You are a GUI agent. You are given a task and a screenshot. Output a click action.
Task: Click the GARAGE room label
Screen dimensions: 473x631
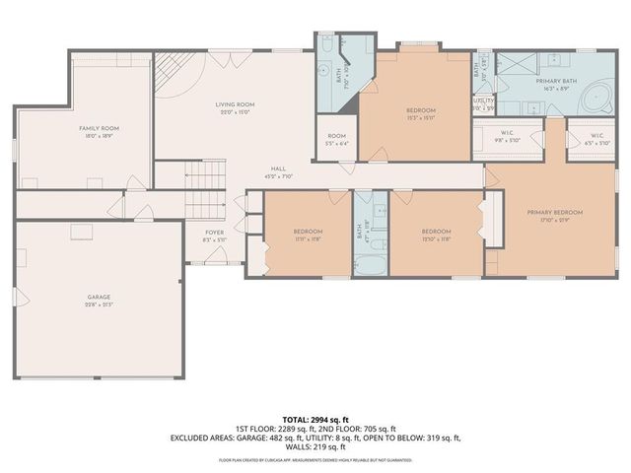[x=99, y=297]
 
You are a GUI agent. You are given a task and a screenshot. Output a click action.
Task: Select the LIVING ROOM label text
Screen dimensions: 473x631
[x=235, y=103]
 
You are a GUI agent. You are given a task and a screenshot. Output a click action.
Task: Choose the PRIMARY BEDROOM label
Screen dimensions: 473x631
[x=555, y=212]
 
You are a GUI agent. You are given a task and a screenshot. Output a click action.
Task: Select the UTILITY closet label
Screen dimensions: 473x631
[x=483, y=101]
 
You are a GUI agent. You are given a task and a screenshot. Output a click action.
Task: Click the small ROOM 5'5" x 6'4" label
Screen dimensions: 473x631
[x=338, y=138]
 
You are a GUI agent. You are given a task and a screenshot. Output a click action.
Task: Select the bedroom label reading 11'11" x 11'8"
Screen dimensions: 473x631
[x=308, y=234]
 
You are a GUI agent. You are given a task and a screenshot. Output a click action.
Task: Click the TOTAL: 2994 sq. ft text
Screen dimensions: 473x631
[x=315, y=419]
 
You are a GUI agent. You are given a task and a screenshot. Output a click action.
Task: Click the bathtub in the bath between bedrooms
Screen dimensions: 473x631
[x=372, y=267]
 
